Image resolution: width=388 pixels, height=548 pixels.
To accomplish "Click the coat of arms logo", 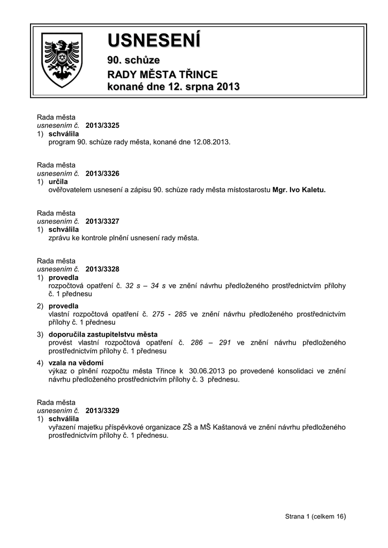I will (x=62, y=60).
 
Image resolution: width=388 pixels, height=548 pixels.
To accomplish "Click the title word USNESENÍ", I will (x=154, y=40).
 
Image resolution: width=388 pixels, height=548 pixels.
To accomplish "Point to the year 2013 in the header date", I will (x=227, y=87).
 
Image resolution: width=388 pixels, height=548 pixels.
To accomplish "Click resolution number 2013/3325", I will (x=102, y=125).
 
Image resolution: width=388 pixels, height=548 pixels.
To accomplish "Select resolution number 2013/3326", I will (x=102, y=173).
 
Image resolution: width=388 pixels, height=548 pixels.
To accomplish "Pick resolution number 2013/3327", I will (x=102, y=221).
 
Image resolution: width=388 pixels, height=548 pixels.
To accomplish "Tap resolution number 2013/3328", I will (x=102, y=269).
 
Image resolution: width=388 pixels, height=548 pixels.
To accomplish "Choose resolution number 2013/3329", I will (x=102, y=410).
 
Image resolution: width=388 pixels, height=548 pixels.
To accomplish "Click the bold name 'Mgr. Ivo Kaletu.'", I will (x=299, y=189).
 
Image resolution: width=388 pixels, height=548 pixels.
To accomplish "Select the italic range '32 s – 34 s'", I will (x=146, y=286).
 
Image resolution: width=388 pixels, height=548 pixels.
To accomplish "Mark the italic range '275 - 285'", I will (x=169, y=315).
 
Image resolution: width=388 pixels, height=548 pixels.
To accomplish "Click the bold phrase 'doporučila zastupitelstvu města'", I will (x=103, y=334).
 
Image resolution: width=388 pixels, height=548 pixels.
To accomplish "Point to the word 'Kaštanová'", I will (x=230, y=427).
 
